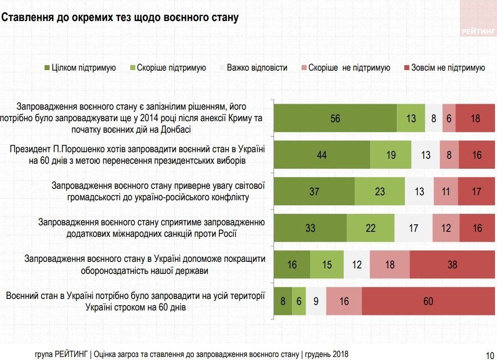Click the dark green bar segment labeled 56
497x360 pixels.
coord(335,118)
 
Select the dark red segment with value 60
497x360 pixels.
coord(428,301)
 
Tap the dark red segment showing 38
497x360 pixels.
coord(452,264)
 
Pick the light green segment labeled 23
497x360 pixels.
coord(380,191)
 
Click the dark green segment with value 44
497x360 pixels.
coord(322,155)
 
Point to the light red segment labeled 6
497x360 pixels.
coord(449,118)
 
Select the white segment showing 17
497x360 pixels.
coord(413,228)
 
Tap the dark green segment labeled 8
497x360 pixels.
coord(283,301)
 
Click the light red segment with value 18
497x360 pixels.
coord(390,264)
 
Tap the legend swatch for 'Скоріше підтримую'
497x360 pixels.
coord(133,68)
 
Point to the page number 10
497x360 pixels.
coord(489,354)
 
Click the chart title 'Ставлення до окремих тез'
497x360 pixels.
coord(120,18)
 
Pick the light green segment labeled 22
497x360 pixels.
coord(370,228)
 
